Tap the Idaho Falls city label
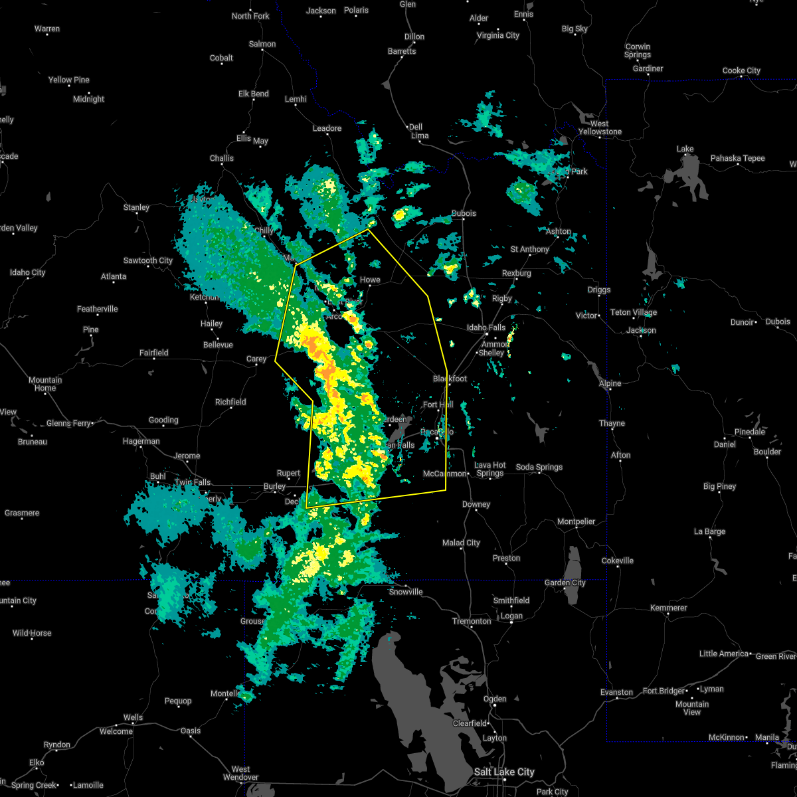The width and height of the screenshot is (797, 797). click(486, 327)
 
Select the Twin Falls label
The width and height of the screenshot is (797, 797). click(193, 482)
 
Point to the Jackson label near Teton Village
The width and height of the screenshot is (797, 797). click(641, 330)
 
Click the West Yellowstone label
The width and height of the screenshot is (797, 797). click(600, 128)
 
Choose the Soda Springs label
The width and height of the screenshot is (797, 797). click(539, 467)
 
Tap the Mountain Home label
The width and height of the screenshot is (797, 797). click(45, 384)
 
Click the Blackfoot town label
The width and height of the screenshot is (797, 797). click(450, 379)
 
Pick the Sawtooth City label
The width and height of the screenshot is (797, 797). click(147, 260)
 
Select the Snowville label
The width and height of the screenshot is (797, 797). click(406, 592)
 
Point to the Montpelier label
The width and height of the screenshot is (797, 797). click(576, 521)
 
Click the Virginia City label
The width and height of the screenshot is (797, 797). click(498, 35)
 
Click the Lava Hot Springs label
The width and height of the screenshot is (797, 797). click(490, 469)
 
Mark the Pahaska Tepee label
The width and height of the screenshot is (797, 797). click(737, 158)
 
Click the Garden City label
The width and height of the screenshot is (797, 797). click(565, 582)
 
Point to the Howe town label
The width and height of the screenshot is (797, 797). click(370, 280)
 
